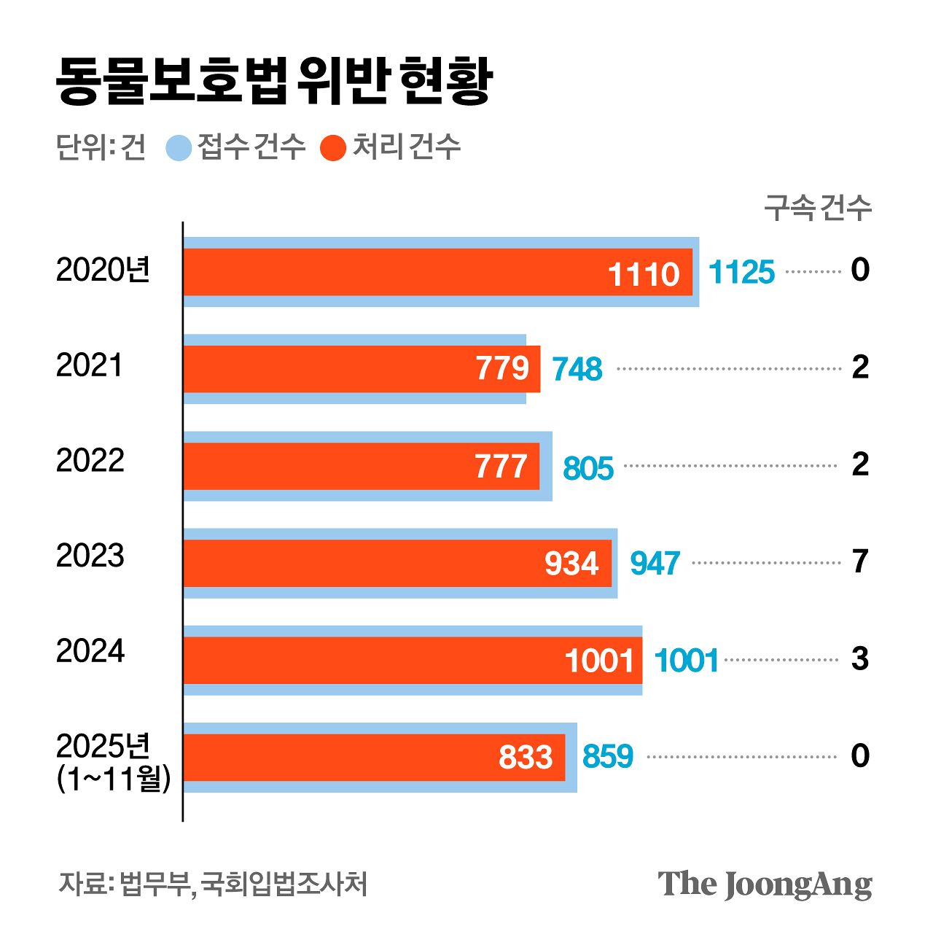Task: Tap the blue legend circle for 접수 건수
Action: click(179, 147)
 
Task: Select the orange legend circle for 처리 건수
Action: click(333, 147)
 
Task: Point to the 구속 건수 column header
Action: click(817, 209)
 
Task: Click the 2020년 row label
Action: click(103, 271)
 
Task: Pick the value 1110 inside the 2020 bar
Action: click(643, 274)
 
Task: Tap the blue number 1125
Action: click(741, 272)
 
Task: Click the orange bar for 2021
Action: click(328, 369)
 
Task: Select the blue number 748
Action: click(577, 369)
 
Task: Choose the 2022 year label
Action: click(90, 461)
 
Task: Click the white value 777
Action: click(501, 467)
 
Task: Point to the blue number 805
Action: click(588, 468)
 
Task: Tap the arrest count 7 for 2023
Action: click(860, 561)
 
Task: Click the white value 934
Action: click(571, 564)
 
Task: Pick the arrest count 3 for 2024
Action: click(860, 658)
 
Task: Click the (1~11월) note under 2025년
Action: click(114, 779)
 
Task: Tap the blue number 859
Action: click(607, 757)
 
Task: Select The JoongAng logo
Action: click(765, 884)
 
